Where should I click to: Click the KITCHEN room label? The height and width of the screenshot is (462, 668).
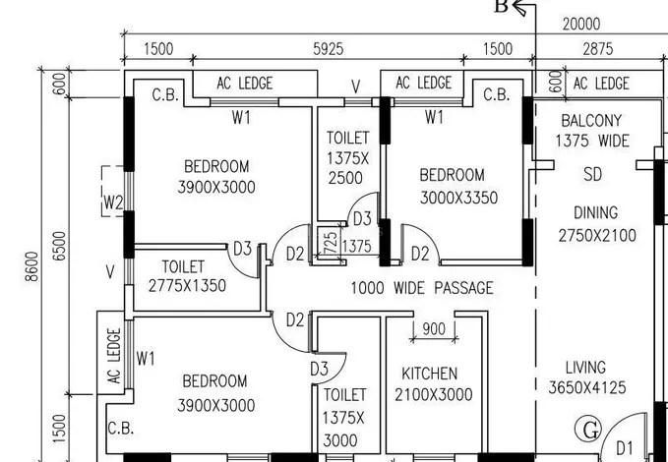point(429,374)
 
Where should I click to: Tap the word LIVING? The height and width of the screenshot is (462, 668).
point(585,367)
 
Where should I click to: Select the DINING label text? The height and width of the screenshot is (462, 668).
point(595,212)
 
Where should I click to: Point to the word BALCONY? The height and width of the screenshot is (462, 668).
point(591,121)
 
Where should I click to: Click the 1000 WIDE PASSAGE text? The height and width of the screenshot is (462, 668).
point(422,288)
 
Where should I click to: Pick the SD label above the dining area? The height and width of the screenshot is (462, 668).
point(592,174)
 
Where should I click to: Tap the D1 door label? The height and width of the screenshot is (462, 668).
point(624,448)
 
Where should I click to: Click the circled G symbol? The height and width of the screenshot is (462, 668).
point(588,430)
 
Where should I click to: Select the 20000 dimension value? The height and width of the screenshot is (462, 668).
point(581,25)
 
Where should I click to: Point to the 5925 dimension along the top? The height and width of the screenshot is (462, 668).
point(328,49)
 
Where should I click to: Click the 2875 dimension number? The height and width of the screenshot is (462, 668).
point(598,49)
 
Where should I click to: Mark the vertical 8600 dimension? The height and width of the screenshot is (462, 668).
point(31,266)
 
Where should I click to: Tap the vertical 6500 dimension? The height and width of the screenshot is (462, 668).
point(60,246)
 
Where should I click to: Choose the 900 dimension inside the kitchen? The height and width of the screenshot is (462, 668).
point(434,328)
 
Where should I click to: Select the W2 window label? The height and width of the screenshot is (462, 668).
point(113,202)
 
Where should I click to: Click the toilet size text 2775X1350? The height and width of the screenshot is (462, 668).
point(187,285)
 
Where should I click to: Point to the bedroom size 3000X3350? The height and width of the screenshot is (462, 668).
point(458,198)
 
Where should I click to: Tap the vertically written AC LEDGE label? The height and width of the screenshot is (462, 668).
point(114,356)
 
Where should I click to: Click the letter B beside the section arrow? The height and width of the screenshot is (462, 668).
point(501,6)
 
